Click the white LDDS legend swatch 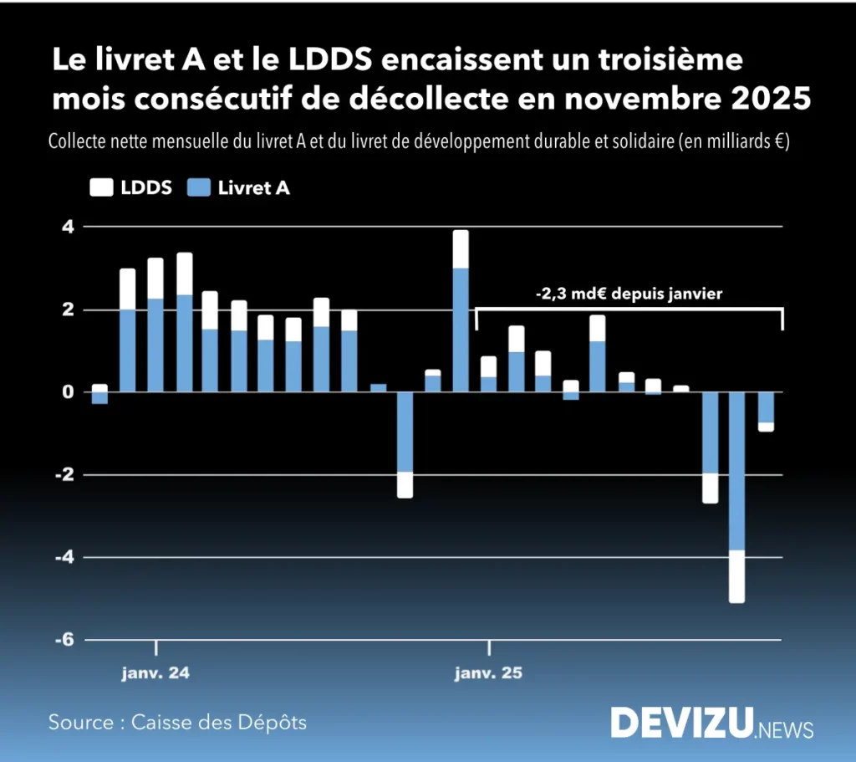coord(100,188)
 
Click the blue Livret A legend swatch coord(200,188)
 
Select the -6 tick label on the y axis coord(64,639)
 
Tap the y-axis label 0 coord(68,391)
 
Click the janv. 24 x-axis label coord(155,673)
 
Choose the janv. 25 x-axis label coord(488,673)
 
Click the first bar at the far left coord(99,394)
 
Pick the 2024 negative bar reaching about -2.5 coord(405,444)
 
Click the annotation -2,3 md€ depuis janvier coord(628,294)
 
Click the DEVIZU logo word coord(680,723)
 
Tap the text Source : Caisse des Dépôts coord(177,721)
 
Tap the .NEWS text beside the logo coord(785,729)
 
